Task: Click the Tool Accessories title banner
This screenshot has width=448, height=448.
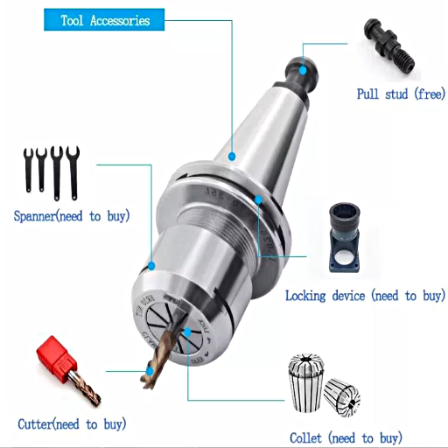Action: (104, 20)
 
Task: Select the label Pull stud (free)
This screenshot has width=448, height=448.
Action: (401, 94)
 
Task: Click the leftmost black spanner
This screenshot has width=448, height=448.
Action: (28, 170)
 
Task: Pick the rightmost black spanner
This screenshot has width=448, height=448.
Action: (73, 172)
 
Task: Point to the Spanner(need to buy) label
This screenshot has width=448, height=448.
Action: (72, 216)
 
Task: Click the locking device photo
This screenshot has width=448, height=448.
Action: (345, 238)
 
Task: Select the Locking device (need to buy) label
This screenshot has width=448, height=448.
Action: (365, 296)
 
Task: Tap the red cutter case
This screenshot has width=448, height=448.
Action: (56, 356)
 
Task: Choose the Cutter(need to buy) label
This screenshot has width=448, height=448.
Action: (72, 424)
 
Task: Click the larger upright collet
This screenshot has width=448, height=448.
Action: (306, 382)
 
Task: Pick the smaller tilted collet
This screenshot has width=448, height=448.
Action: (342, 397)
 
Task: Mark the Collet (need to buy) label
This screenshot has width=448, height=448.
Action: (346, 438)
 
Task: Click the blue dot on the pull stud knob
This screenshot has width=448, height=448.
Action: (304, 70)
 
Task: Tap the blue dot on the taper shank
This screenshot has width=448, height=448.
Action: (232, 157)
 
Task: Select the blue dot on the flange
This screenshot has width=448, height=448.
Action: (258, 199)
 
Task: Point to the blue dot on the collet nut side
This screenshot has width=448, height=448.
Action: (151, 266)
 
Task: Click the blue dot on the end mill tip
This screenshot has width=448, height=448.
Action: (150, 371)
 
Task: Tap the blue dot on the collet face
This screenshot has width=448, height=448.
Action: (187, 332)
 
